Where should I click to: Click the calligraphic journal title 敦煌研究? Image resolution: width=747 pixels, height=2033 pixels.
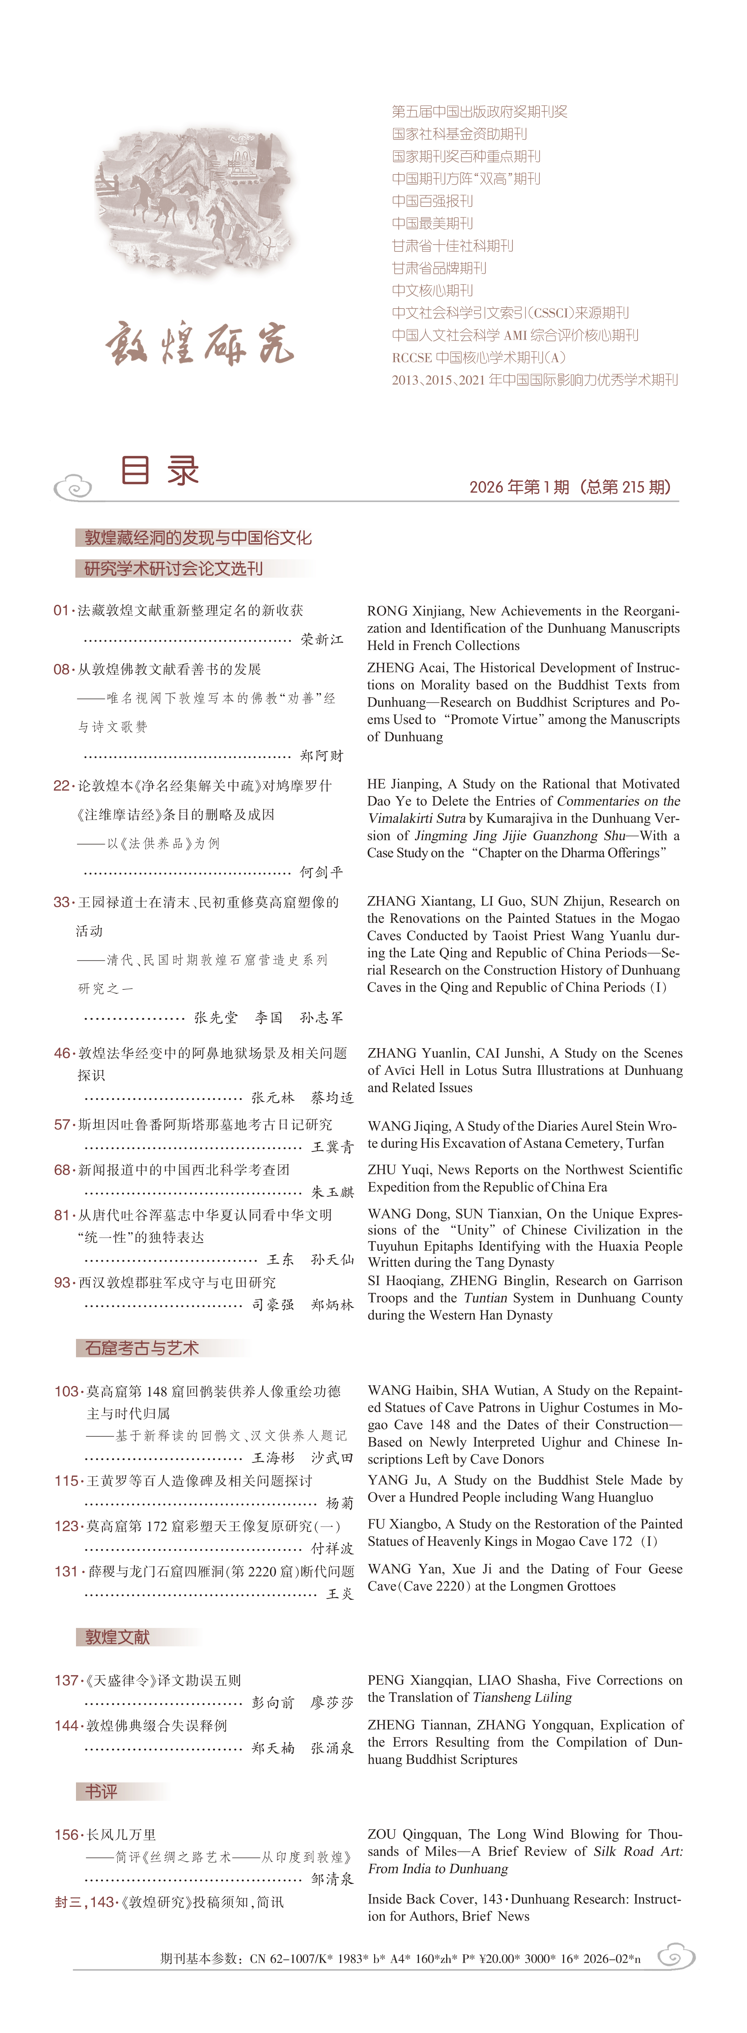pyautogui.click(x=199, y=343)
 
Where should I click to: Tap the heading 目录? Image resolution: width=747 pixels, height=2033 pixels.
pyautogui.click(x=160, y=471)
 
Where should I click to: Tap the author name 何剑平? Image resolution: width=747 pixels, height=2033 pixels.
pyautogui.click(x=322, y=872)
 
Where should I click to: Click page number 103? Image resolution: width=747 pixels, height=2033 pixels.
pyautogui.click(x=66, y=1391)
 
